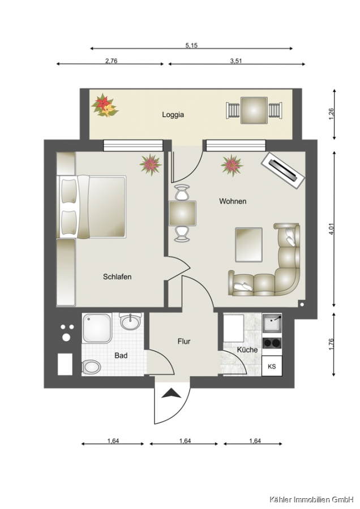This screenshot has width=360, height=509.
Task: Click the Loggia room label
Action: pyautogui.click(x=173, y=115)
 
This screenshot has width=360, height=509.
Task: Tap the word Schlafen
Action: pyautogui.click(x=117, y=277)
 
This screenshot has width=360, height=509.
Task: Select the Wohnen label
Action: pyautogui.click(x=233, y=201)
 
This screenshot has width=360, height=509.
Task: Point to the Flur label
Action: pyautogui.click(x=184, y=342)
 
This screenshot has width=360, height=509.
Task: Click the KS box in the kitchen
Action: pyautogui.click(x=272, y=366)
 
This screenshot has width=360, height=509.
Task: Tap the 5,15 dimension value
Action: pyautogui.click(x=192, y=45)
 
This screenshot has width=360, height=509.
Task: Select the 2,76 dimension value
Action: pyautogui.click(x=111, y=61)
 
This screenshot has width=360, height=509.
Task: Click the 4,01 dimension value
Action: pyautogui.click(x=331, y=229)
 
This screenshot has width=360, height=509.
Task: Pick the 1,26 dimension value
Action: pyautogui.click(x=331, y=114)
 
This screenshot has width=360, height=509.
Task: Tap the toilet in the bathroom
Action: pyautogui.click(x=91, y=368)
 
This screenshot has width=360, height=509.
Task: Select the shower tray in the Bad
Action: pyautogui.click(x=97, y=328)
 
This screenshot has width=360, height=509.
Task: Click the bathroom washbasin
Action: pyautogui.click(x=130, y=321)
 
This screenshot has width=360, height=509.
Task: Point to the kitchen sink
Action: pyautogui.click(x=272, y=323)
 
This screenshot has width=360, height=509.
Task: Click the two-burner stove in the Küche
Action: pyautogui.click(x=272, y=343)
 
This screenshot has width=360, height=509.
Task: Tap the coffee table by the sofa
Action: pyautogui.click(x=249, y=245)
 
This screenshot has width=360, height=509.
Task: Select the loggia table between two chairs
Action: pyautogui.click(x=254, y=110)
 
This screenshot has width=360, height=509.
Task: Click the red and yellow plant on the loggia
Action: pyautogui.click(x=104, y=106)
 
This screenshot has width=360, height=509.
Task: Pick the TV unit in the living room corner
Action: pyautogui.click(x=284, y=170)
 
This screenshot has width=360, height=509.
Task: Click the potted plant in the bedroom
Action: pyautogui.click(x=151, y=165)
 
